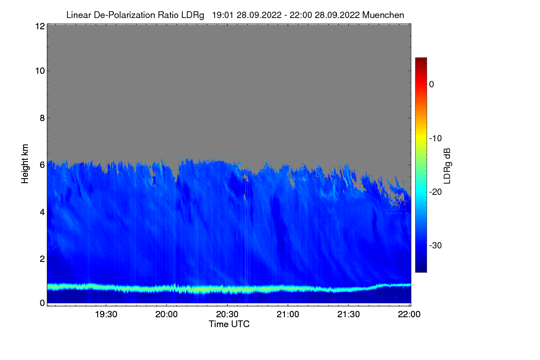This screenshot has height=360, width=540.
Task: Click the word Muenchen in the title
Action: (x=383, y=15)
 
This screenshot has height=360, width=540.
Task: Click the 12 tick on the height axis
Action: (x=39, y=26)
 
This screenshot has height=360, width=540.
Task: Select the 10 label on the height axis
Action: (x=39, y=71)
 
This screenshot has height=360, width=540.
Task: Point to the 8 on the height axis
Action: (x=41, y=118)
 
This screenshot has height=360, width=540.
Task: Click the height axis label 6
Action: (x=41, y=165)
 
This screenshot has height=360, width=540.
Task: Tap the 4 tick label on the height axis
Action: (x=41, y=211)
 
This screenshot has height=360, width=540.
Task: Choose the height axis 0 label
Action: (x=41, y=303)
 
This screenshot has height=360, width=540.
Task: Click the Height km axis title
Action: (x=25, y=164)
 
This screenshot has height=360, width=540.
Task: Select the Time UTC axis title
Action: (x=229, y=324)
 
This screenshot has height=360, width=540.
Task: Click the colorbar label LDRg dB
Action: (x=447, y=165)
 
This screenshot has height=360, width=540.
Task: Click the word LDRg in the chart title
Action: (x=193, y=15)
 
